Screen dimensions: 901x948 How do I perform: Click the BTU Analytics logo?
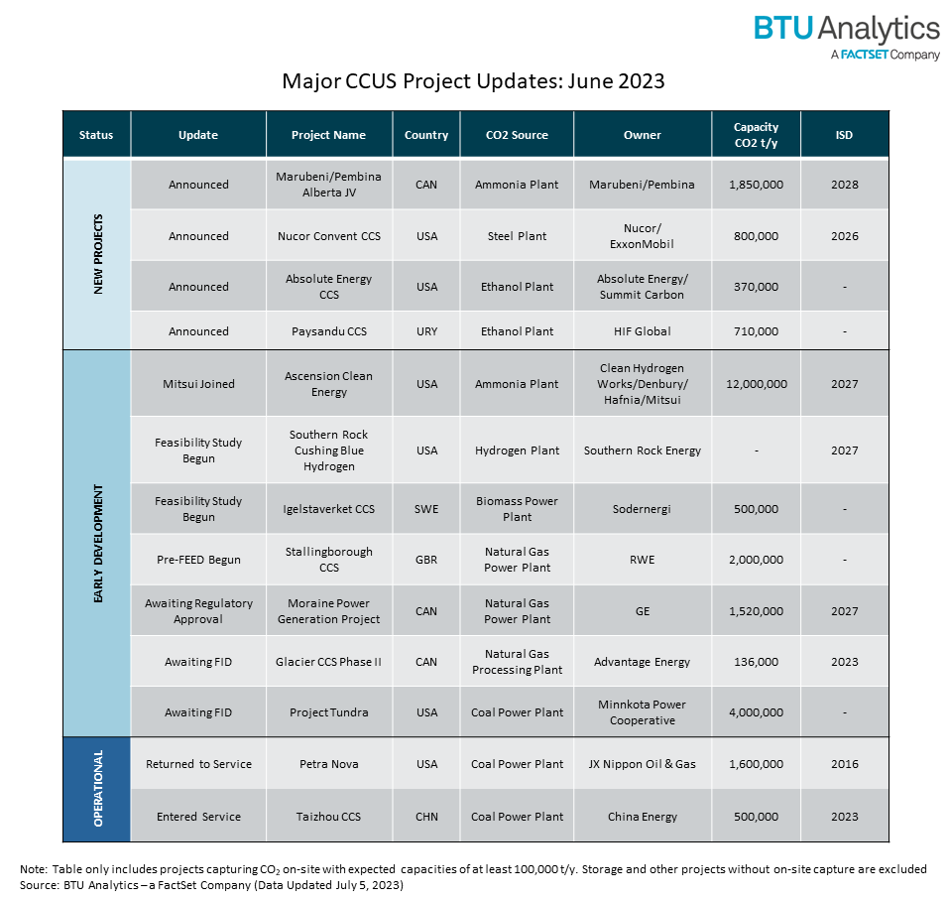pos(846,36)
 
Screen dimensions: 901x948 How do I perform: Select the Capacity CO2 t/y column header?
pos(756,134)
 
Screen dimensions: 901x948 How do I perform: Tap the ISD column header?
pos(844,135)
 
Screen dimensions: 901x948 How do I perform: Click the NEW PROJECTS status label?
pos(97,253)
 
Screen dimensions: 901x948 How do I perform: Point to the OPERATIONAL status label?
pos(97,789)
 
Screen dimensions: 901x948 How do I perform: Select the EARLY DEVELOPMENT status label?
pos(97,543)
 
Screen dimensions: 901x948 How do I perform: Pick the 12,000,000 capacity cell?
pos(756,384)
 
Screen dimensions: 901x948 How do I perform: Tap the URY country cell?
pos(426,331)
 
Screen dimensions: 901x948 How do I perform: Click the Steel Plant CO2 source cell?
pos(517,236)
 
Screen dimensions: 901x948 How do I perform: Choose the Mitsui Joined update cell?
pos(198,384)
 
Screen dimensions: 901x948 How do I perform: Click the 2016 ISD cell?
pos(844,764)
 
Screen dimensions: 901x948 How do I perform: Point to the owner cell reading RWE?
pos(642,560)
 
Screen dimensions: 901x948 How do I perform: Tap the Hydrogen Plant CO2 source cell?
pos(517,450)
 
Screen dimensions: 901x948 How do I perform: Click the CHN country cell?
pos(426,817)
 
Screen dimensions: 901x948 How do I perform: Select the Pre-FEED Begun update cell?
pos(198,560)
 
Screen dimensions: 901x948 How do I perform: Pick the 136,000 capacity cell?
pos(756,662)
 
